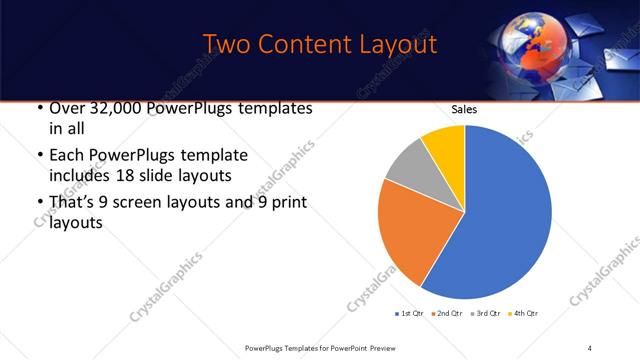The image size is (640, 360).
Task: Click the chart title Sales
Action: point(464,109)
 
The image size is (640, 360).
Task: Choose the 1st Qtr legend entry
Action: point(411,314)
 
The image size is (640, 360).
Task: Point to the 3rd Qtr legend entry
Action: point(486,314)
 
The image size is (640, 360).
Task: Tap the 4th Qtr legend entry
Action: point(524,314)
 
